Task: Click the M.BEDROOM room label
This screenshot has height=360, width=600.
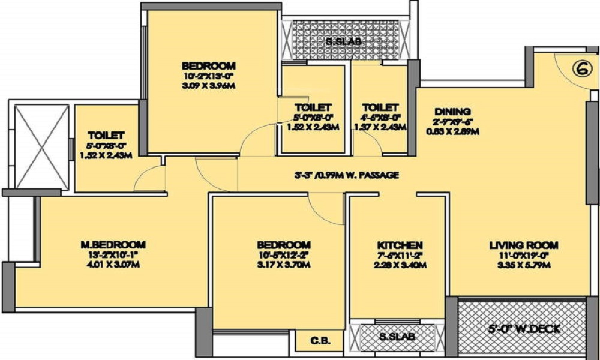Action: pyautogui.click(x=113, y=244)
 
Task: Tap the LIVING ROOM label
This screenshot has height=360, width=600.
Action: pyautogui.click(x=524, y=245)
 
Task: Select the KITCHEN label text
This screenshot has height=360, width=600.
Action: pyautogui.click(x=400, y=245)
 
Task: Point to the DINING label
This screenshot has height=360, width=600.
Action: pyautogui.click(x=453, y=112)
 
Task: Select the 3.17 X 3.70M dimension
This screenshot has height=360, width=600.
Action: pyautogui.click(x=284, y=265)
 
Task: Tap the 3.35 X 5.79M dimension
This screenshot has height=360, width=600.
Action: pyautogui.click(x=524, y=265)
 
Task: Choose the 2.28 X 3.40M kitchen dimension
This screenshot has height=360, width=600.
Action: pyautogui.click(x=400, y=265)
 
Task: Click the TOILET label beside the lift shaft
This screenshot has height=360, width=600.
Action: pyautogui.click(x=106, y=135)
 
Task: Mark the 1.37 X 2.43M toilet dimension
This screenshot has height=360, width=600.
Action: pyautogui.click(x=380, y=127)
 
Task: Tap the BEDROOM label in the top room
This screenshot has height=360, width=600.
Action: pyautogui.click(x=209, y=65)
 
